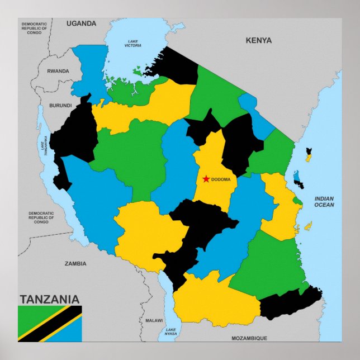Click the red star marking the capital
pos(206,179)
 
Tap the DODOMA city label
pos(221,179)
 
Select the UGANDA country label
pos(81,23)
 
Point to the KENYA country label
pos(258,40)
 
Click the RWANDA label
pos(58,71)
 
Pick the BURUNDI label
pos(60,105)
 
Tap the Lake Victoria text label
pos(133,43)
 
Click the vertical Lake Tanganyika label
pos(42,145)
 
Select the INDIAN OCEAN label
pos(324,202)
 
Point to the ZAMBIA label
pos(75,263)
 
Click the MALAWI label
pos(154,320)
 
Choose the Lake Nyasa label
pos(170,331)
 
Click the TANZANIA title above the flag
pos(49,299)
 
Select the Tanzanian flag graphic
pos(50,323)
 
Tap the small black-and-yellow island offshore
pos(308,154)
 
